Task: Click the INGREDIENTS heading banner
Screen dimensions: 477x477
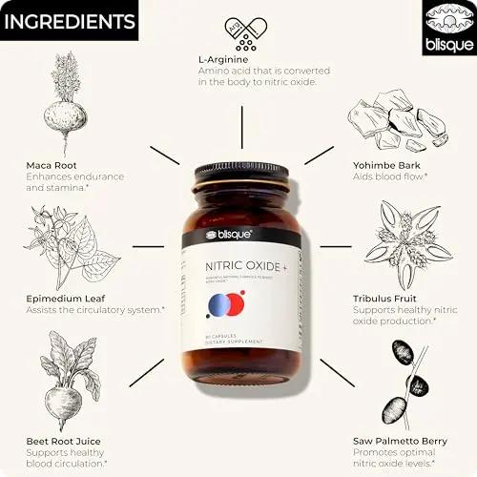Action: pos(69,21)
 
